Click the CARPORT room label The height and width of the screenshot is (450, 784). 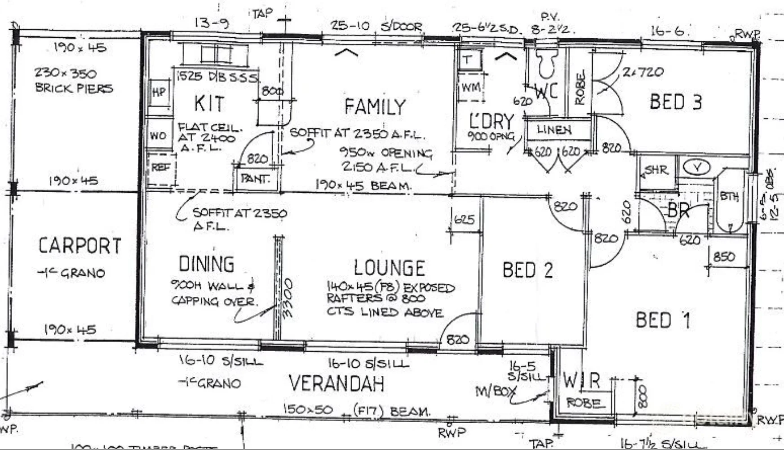(x=80, y=246)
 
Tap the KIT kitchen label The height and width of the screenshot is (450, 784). (x=209, y=104)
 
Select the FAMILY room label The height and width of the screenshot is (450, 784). (x=375, y=107)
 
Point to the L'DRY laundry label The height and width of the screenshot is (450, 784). (x=491, y=121)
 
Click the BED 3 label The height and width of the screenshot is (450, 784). (x=675, y=102)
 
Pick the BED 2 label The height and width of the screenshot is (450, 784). (x=527, y=270)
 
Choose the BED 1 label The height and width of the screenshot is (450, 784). (x=663, y=320)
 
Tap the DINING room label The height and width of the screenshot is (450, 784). (x=206, y=264)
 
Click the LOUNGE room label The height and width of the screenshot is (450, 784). (x=389, y=268)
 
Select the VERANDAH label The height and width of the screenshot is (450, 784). (x=337, y=384)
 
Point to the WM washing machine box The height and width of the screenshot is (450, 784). (x=470, y=88)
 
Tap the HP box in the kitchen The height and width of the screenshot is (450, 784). (x=159, y=93)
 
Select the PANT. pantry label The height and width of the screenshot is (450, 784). (x=255, y=179)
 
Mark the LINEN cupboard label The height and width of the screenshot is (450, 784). (x=554, y=130)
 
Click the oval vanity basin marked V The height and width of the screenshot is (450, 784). (x=696, y=167)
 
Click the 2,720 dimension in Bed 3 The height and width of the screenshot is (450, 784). (x=643, y=72)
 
